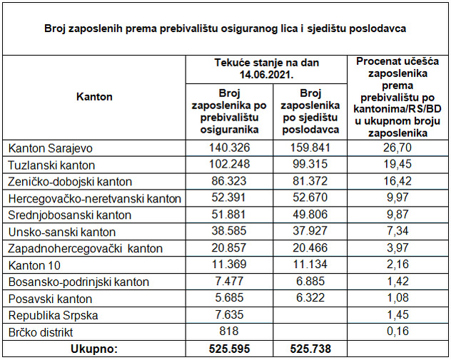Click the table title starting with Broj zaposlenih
(x=225, y=29)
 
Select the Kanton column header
(x=94, y=97)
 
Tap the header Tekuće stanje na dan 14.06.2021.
(x=266, y=68)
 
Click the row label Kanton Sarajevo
(x=51, y=148)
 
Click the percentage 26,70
(x=397, y=148)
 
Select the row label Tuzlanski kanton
(x=49, y=165)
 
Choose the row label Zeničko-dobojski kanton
(x=70, y=182)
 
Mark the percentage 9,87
(x=397, y=215)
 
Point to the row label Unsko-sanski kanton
(x=61, y=232)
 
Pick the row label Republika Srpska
(x=53, y=315)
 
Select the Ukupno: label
(x=94, y=349)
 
